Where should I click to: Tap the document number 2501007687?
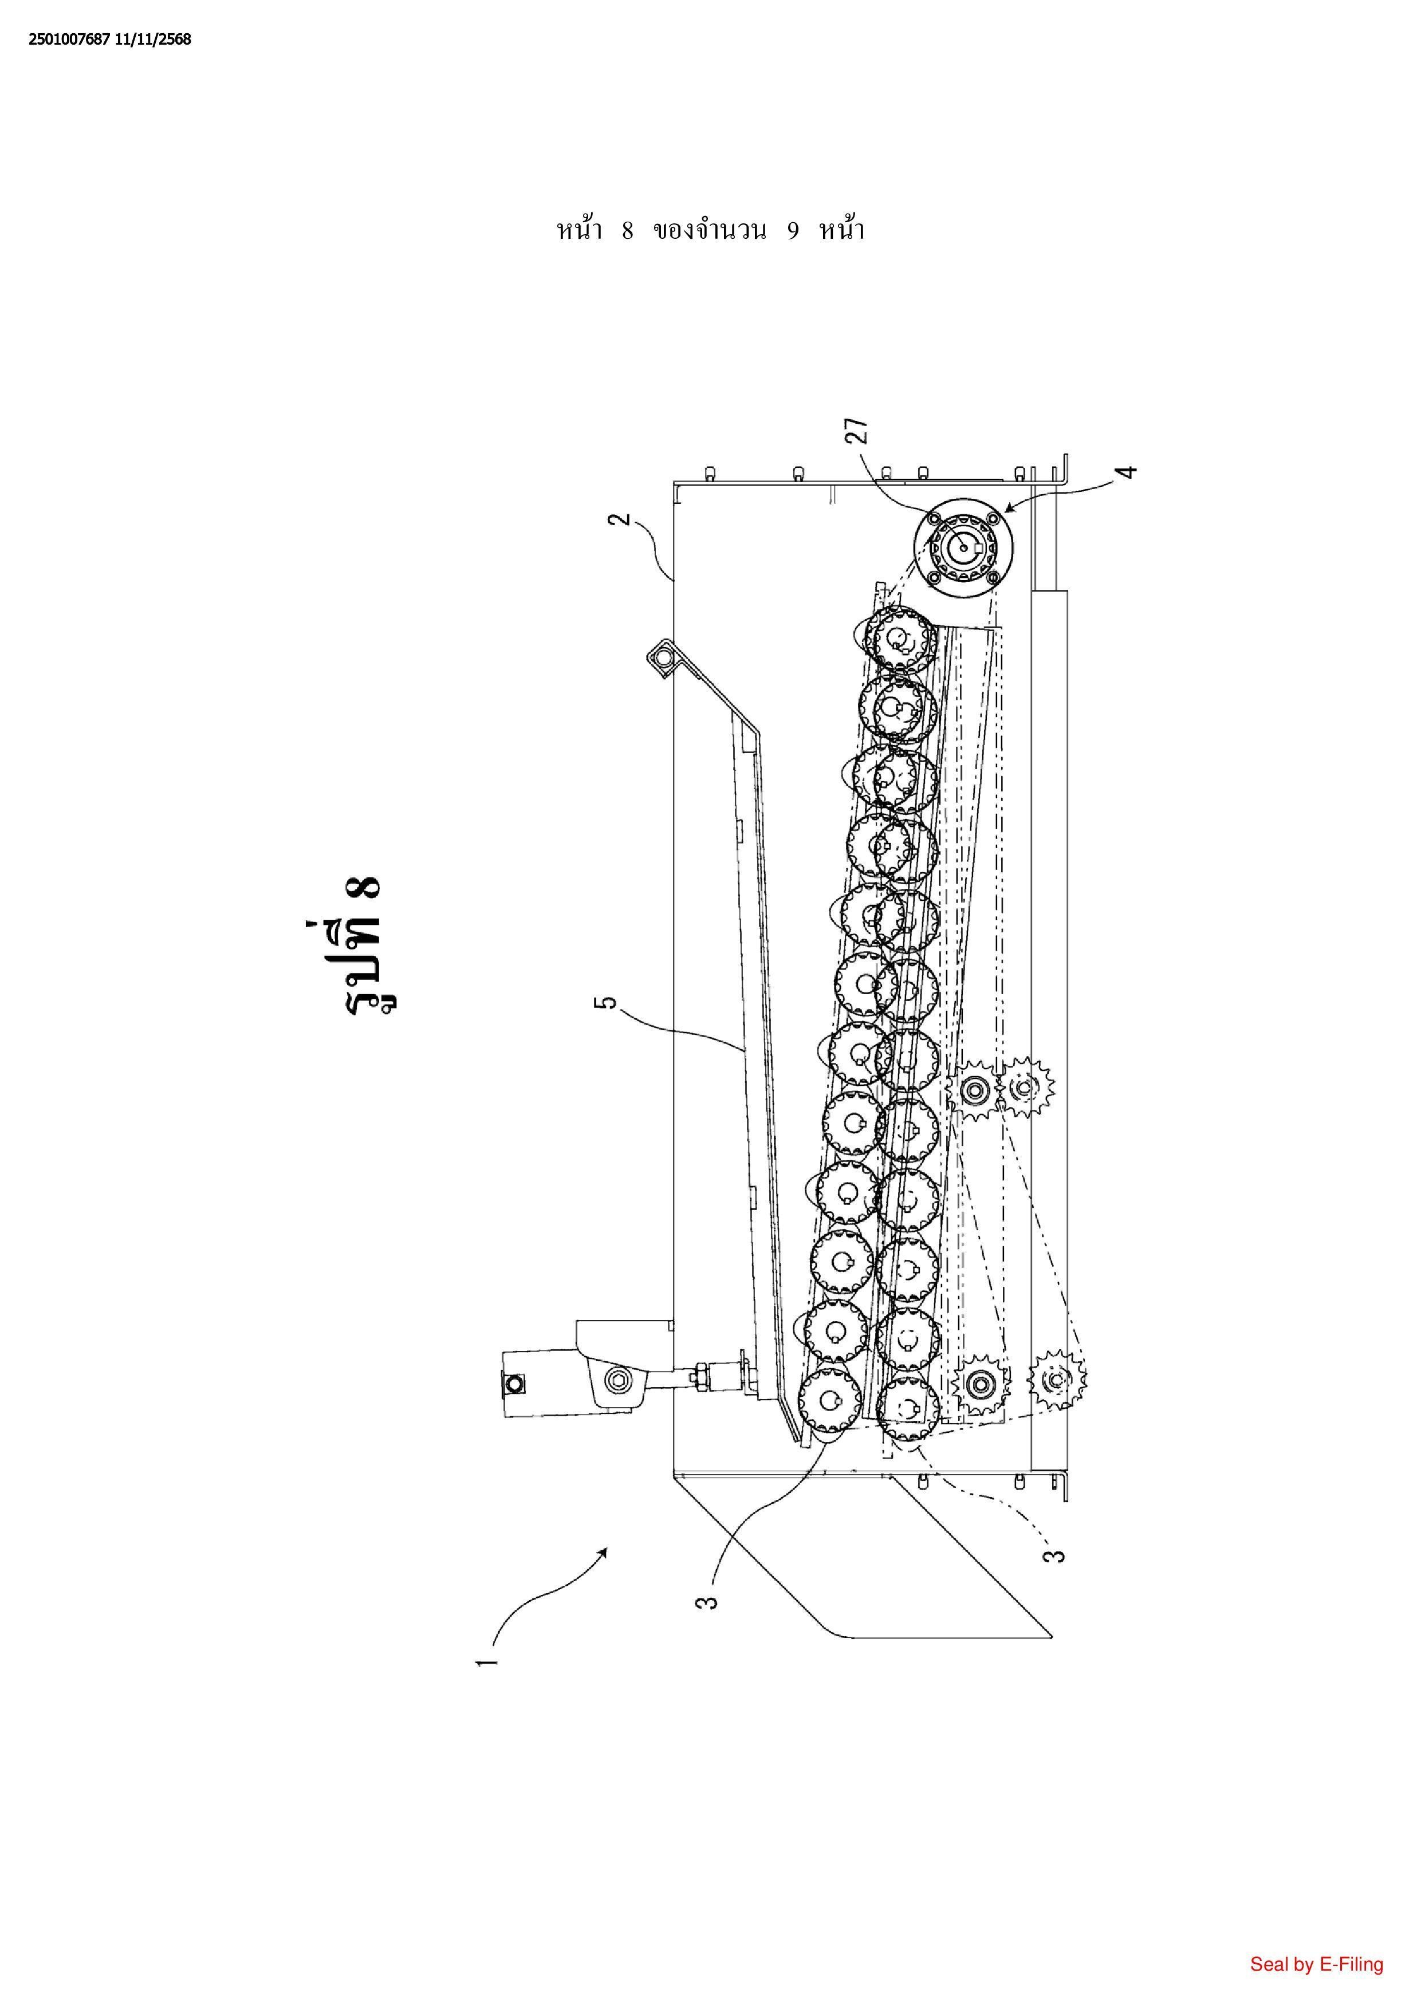69,40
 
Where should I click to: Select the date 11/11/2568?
152,40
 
